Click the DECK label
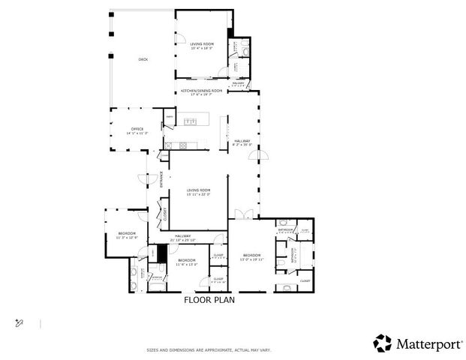pos(143,59)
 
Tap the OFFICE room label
pos(138,130)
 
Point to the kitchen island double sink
pos(188,121)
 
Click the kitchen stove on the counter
pos(170,145)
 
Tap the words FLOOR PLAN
pos(209,300)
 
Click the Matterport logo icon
pos(383,343)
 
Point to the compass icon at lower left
pos(20,322)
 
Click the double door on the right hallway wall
pos(260,156)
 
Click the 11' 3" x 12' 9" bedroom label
pos(127,236)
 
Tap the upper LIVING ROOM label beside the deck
pos(202,46)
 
